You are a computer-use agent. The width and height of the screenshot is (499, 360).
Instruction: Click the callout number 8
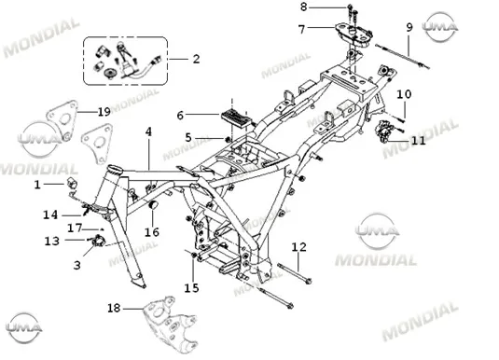304,7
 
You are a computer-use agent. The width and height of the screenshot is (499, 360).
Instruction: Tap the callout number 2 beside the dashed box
197,59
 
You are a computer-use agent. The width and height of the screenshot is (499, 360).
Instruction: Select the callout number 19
104,112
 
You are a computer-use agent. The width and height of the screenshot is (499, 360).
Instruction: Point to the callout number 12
298,247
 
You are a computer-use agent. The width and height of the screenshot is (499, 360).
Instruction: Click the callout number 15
191,288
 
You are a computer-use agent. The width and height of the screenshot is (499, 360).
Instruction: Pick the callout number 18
114,308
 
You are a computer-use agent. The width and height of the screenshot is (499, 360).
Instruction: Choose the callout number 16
152,232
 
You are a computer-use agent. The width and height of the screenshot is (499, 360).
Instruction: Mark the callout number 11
418,140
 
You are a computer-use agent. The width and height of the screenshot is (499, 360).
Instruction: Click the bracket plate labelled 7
353,35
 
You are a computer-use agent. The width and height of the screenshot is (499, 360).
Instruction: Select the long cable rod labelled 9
402,57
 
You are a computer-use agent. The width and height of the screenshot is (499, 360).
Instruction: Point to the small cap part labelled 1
72,184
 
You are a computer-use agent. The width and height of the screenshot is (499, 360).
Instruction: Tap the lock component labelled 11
383,131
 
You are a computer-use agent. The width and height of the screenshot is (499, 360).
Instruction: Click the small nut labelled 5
228,139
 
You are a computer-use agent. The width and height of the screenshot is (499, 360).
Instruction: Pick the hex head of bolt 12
308,282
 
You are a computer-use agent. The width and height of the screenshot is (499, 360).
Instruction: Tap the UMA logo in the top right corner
440,27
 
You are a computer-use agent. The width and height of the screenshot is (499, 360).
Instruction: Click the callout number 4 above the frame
148,132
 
